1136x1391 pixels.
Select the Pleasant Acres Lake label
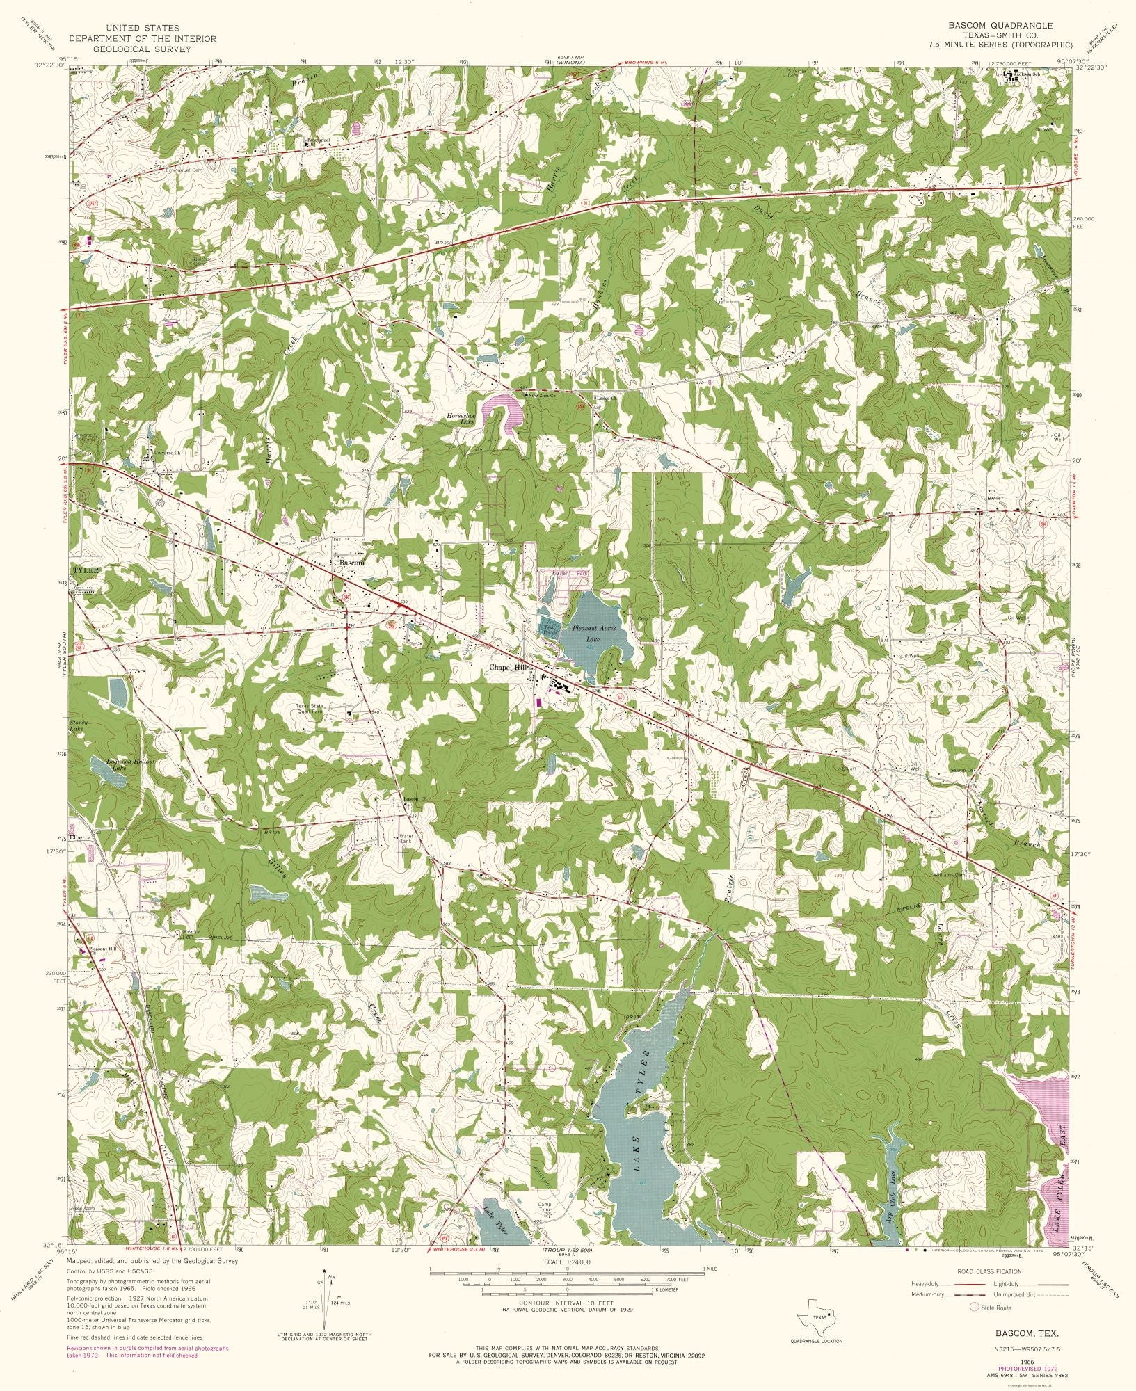click(591, 632)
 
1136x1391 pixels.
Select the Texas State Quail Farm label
click(310, 709)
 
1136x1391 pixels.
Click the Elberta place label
click(79, 839)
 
